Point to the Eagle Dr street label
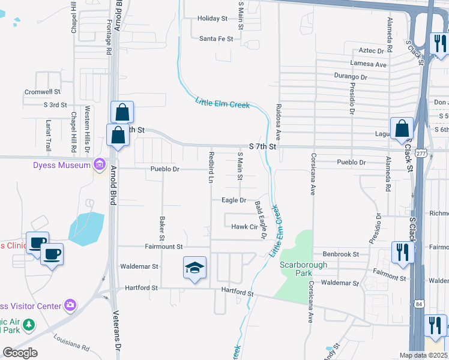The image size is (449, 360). (x=234, y=200)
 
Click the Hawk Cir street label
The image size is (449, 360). (x=244, y=227)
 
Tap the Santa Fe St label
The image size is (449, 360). (x=216, y=38)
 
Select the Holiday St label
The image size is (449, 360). (x=212, y=19)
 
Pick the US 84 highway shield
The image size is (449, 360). (x=418, y=305)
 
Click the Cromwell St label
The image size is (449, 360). (x=43, y=92)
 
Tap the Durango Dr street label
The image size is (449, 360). (x=351, y=77)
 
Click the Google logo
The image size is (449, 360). (x=20, y=353)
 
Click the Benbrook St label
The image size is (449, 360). (x=340, y=254)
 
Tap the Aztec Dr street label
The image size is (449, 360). (x=371, y=51)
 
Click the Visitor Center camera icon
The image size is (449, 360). (x=71, y=305)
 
